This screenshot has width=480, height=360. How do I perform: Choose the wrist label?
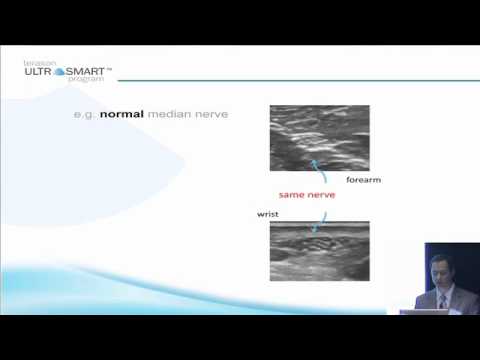tap(268, 214)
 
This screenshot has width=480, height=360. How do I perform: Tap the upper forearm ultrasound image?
tap(319, 138)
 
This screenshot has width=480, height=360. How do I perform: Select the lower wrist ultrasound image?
tap(319, 251)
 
